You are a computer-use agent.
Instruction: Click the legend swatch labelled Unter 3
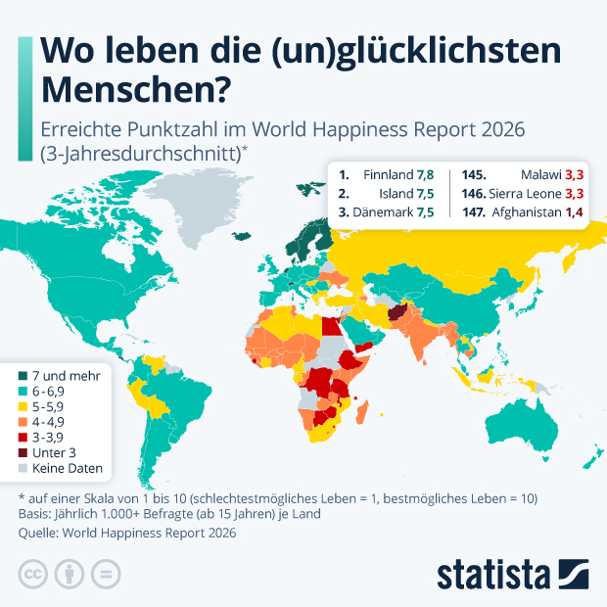click(23, 452)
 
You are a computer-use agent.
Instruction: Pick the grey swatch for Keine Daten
click(23, 468)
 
